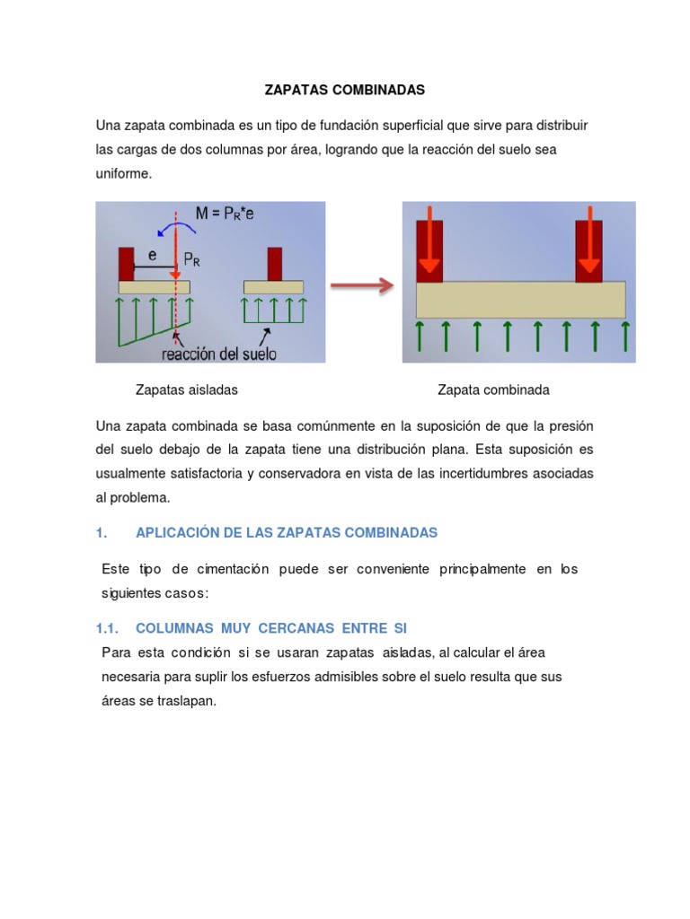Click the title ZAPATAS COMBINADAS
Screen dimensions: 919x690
click(x=344, y=91)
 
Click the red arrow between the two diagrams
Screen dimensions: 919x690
click(x=362, y=286)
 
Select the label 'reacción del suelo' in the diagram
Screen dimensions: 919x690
click(x=218, y=353)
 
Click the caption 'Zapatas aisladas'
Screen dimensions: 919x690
click(x=186, y=389)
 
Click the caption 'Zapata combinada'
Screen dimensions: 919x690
click(x=493, y=389)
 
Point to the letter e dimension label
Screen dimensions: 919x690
click(x=153, y=255)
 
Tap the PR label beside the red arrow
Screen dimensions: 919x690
click(x=192, y=260)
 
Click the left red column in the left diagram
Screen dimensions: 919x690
click(x=126, y=263)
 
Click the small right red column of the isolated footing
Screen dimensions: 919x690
click(x=274, y=263)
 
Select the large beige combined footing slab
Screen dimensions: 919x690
click(x=520, y=300)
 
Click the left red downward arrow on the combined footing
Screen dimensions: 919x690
click(x=429, y=242)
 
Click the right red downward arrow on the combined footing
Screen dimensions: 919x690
click(x=589, y=242)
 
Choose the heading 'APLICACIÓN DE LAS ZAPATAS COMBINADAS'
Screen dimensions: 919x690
click(x=286, y=533)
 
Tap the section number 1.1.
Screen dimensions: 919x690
click(x=108, y=628)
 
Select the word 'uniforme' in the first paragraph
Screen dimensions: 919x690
click(x=124, y=174)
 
